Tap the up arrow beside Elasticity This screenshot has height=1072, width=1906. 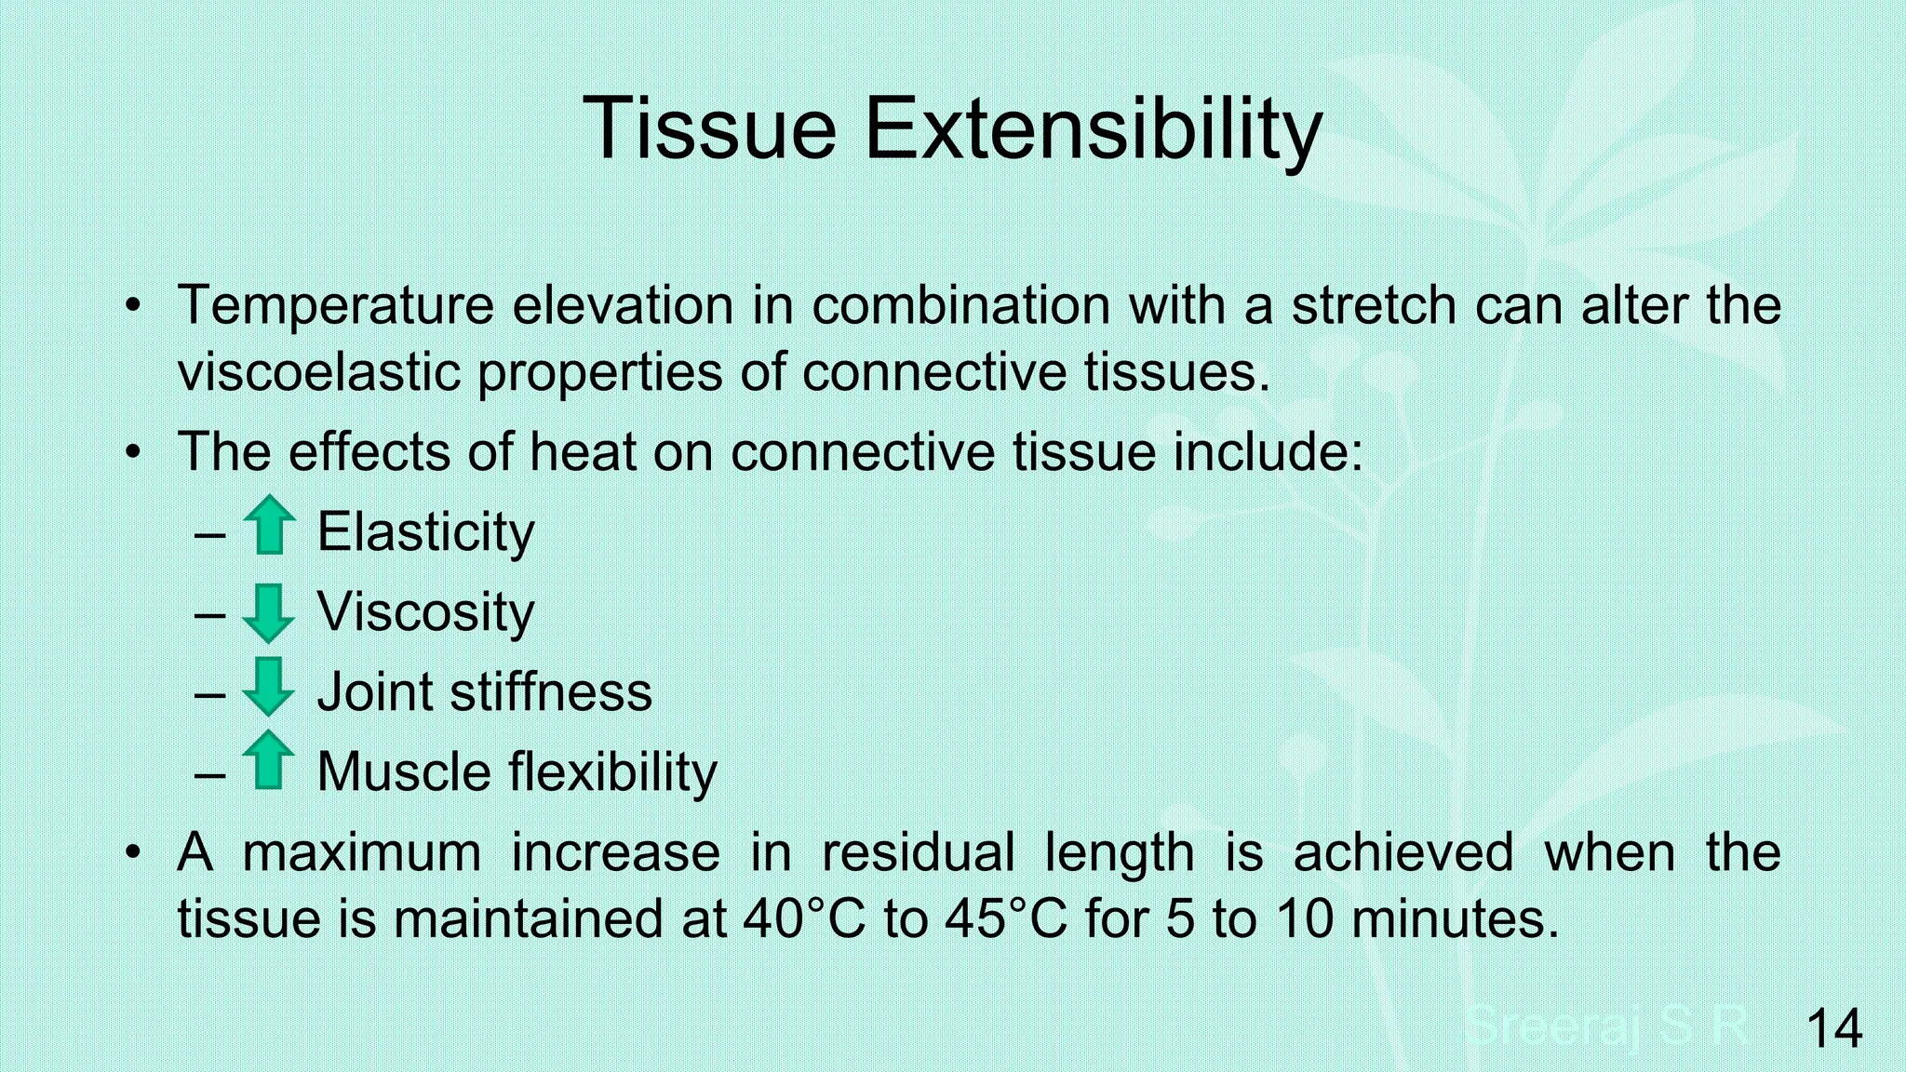click(269, 526)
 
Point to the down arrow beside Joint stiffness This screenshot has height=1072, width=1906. click(268, 687)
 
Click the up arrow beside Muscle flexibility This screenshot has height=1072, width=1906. click(268, 759)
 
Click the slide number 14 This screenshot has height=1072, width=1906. click(1833, 1028)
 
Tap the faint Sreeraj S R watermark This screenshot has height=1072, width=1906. click(1606, 1026)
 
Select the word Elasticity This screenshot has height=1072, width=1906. click(425, 532)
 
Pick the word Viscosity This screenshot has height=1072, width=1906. click(425, 612)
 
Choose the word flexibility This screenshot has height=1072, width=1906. click(612, 772)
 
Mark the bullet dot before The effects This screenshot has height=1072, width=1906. click(134, 452)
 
